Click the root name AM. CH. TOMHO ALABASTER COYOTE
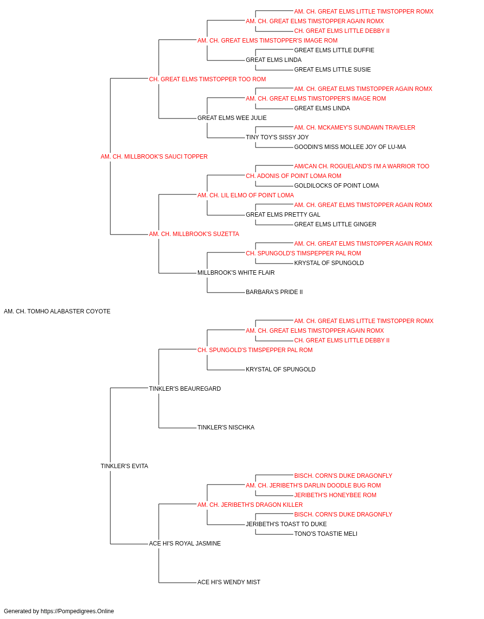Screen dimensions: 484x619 (x=57, y=311)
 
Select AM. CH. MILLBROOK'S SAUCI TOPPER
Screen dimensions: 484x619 (x=154, y=157)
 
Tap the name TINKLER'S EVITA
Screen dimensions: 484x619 (x=124, y=466)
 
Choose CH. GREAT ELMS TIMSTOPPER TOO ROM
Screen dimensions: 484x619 (x=207, y=79)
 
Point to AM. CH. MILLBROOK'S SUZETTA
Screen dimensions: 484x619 (x=194, y=234)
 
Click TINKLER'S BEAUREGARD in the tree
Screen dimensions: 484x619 (x=185, y=388)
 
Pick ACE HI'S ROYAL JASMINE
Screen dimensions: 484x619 (x=185, y=543)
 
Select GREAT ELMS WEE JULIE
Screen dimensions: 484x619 (x=232, y=118)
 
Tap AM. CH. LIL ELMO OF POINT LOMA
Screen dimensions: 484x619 (x=245, y=195)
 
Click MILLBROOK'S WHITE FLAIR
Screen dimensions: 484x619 (x=236, y=273)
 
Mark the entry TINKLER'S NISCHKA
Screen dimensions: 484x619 (x=226, y=427)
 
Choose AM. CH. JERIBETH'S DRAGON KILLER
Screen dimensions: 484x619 (x=250, y=504)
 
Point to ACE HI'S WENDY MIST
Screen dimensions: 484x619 (x=228, y=582)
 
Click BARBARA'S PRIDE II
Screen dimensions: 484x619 (x=274, y=292)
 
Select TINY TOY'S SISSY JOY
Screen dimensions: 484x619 (x=277, y=137)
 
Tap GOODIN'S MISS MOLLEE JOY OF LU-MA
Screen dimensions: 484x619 (x=350, y=147)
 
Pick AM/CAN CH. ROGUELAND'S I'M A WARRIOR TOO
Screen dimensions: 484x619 (x=362, y=166)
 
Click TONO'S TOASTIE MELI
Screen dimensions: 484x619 (x=326, y=533)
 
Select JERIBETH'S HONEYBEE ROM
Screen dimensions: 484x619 (x=335, y=495)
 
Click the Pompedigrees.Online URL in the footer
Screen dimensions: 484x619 (x=77, y=611)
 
